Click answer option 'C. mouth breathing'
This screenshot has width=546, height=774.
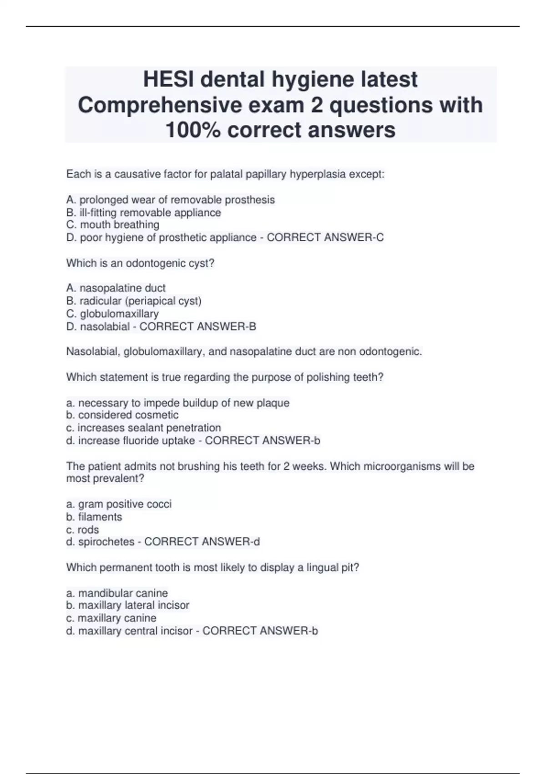coord(113,225)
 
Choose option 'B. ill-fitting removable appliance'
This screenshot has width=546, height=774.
coord(143,213)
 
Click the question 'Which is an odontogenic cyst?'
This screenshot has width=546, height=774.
coord(140,263)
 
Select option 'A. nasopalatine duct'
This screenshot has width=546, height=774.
coord(116,288)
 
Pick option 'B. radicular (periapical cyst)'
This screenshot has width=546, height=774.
coord(134,301)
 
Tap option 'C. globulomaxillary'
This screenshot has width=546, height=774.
coord(112,314)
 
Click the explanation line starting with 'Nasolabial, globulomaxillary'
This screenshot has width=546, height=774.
coord(244,351)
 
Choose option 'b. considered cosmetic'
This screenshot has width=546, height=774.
coord(122,415)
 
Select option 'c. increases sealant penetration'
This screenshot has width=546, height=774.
coord(144,428)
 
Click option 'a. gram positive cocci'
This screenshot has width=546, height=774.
coord(119,504)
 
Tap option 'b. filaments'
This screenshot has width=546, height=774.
coord(94,517)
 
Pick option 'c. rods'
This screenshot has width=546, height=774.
coord(82,530)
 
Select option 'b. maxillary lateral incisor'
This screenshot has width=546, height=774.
coord(127,606)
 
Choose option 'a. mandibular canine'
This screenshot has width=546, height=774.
coord(117,593)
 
